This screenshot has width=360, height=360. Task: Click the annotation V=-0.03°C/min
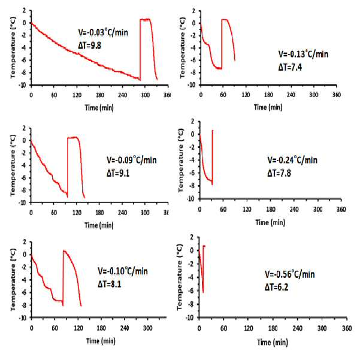coord(103,32)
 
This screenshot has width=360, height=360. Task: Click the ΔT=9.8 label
coord(89,46)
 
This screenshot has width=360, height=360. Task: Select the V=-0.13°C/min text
coord(303,54)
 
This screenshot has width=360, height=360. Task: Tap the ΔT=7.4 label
coord(290,67)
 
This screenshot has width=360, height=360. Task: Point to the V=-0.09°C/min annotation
coord(132,160)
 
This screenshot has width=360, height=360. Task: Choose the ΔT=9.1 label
coord(118,173)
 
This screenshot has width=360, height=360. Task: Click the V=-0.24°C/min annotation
coord(292,160)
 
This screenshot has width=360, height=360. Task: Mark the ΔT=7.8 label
coord(279,173)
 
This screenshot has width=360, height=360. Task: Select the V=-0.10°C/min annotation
coord(123,271)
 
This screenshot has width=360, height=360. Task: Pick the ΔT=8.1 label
coord(109,285)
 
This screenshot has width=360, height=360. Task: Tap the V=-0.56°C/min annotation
coord(289,274)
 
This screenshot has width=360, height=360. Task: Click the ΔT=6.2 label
coord(276,287)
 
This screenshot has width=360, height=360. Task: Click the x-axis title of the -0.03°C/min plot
coord(99,107)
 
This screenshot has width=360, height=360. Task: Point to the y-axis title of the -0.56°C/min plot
coord(180,277)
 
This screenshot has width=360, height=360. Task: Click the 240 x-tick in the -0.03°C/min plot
coord(122,95)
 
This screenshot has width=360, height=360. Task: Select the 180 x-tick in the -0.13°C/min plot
coord(268,95)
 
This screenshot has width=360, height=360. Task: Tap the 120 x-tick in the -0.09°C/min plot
coord(77,213)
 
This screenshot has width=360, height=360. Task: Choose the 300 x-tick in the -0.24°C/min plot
coord(318,209)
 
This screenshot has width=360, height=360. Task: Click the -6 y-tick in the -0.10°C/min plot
coord(24,292)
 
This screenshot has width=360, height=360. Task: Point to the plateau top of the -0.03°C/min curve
coord(146,20)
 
